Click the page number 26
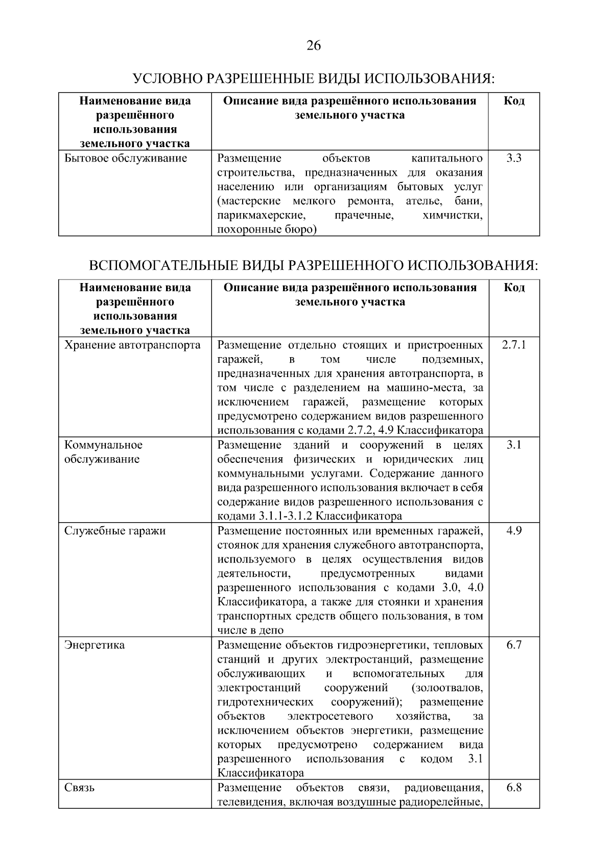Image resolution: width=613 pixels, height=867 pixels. (313, 46)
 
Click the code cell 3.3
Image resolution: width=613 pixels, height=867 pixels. (514, 158)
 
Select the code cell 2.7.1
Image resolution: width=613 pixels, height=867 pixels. (514, 345)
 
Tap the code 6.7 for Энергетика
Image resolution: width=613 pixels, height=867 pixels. (514, 645)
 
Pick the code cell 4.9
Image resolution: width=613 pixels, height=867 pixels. (514, 531)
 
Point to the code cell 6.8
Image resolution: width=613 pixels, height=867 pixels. (514, 788)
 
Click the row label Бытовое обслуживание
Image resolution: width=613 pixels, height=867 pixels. (126, 158)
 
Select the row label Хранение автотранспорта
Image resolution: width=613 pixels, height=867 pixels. (132, 345)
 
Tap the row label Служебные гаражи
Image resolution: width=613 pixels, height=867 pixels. (115, 531)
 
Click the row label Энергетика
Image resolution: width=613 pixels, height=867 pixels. (94, 645)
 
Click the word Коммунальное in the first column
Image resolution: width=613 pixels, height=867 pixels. (103, 445)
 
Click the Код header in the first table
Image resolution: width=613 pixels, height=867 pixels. (514, 101)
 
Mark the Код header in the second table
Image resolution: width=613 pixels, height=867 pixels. (514, 288)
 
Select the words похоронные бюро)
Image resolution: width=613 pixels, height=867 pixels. (267, 230)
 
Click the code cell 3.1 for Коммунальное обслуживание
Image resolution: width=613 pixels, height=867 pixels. (514, 445)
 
